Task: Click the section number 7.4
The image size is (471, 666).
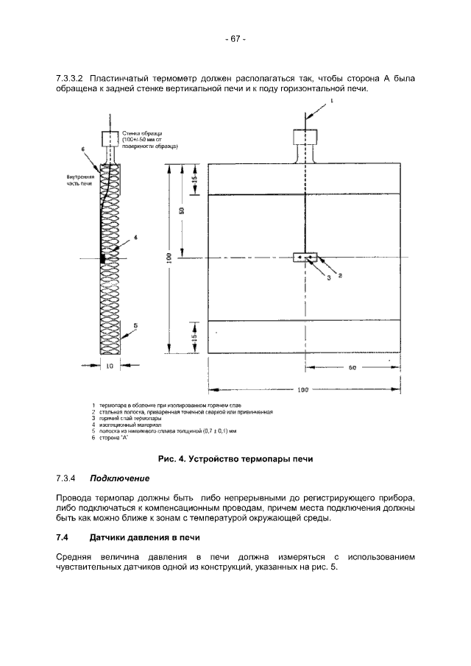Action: point(62,538)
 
